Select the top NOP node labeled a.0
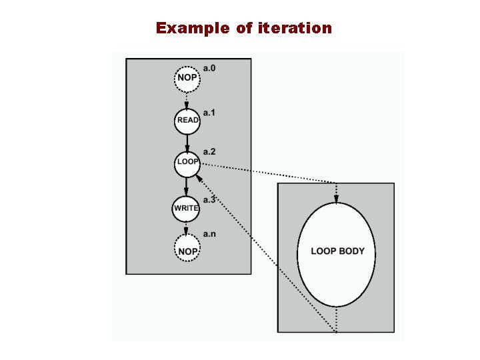click(x=187, y=78)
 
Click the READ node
click(x=187, y=121)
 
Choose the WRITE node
click(x=186, y=208)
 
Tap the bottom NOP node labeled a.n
click(x=187, y=251)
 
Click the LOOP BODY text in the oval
click(x=337, y=251)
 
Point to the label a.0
click(x=209, y=68)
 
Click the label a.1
click(x=209, y=113)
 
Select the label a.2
click(x=209, y=154)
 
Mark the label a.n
click(x=209, y=234)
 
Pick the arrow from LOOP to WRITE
click(x=187, y=187)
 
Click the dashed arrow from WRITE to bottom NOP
click(x=187, y=228)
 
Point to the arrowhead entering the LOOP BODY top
click(x=336, y=198)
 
